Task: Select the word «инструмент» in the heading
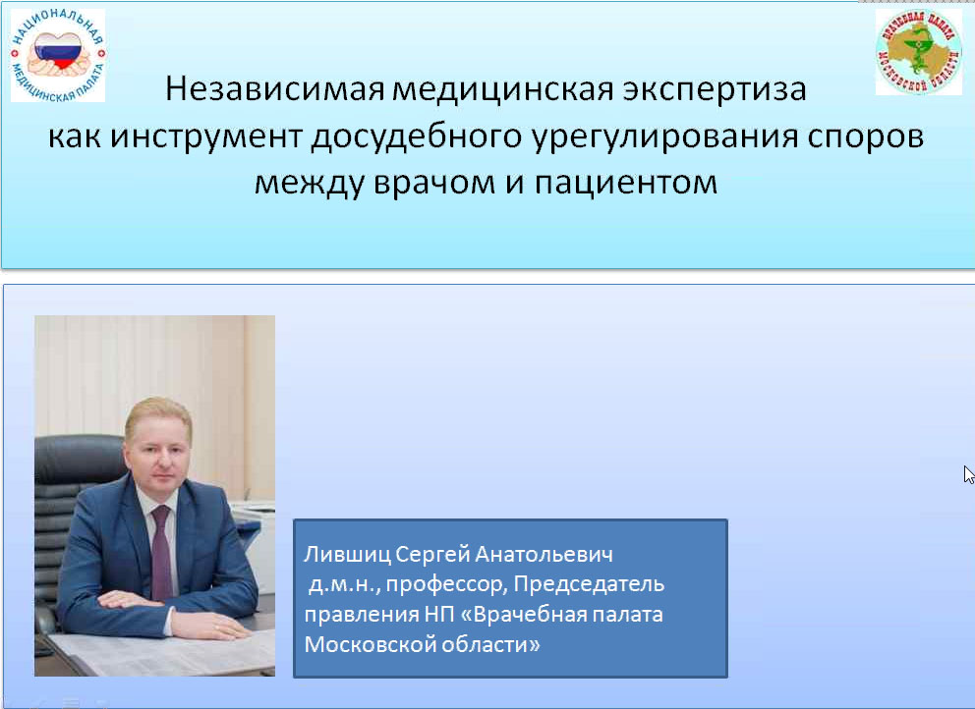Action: coord(206,137)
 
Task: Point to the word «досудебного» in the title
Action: coord(417,137)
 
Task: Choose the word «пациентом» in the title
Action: coord(626,183)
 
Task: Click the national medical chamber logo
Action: coord(58,55)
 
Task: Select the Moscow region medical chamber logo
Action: coord(918,52)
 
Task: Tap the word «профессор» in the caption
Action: coord(447,584)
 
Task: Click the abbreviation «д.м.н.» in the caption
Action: coord(344,584)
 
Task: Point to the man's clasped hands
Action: coord(174,612)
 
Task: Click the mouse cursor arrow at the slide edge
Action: coord(969,474)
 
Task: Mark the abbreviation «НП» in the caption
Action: coord(439,615)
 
